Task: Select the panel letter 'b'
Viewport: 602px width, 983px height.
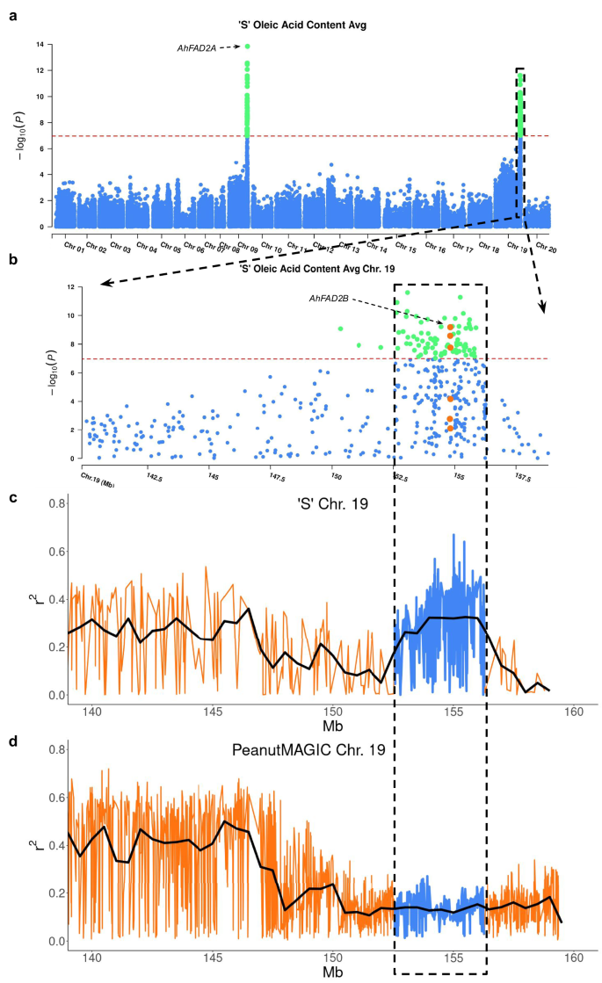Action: tap(13, 260)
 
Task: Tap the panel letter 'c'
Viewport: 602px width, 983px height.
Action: tap(13, 497)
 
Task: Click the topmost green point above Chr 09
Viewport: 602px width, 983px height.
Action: tap(248, 47)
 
